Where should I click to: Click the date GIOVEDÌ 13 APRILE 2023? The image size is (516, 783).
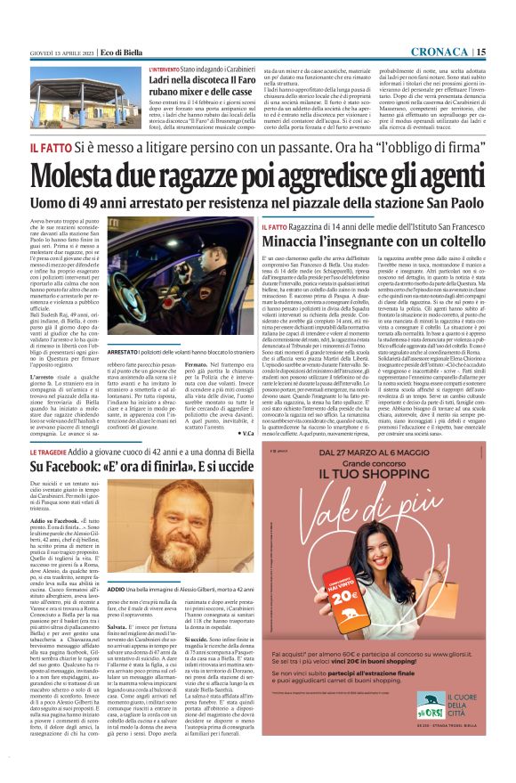[x=60, y=53]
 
